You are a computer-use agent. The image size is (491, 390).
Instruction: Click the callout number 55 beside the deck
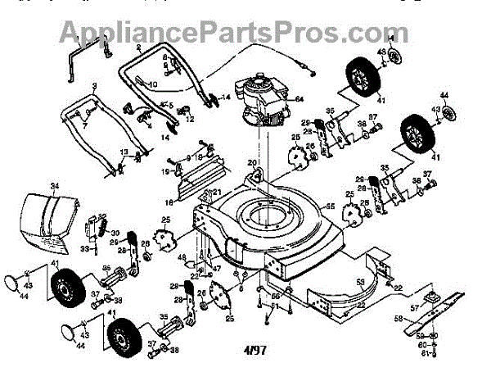[331, 207]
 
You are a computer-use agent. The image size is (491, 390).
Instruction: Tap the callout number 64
[299, 99]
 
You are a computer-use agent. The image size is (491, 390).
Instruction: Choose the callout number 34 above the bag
[56, 186]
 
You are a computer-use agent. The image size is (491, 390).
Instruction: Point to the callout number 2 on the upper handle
[139, 49]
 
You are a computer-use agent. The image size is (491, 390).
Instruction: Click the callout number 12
[190, 120]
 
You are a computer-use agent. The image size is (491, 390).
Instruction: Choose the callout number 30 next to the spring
[115, 233]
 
